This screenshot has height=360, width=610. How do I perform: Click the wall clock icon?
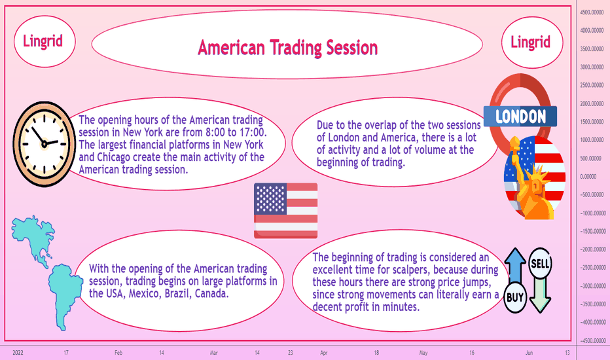[44, 143]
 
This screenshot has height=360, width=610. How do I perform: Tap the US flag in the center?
[285, 211]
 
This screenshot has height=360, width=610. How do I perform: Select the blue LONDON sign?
[520, 117]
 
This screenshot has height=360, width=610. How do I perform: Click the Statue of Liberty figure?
[531, 179]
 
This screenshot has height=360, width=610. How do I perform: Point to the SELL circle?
[540, 263]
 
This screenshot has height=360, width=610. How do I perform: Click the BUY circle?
[515, 298]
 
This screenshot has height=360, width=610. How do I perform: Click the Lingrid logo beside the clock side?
[45, 41]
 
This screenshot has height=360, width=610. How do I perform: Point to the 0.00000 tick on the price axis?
[588, 177]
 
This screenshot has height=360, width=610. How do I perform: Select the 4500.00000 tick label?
[592, 12]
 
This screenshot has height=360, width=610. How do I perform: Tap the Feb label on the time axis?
[118, 353]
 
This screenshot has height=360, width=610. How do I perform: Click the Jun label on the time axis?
[529, 353]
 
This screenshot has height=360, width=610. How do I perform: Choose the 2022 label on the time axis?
[18, 353]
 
